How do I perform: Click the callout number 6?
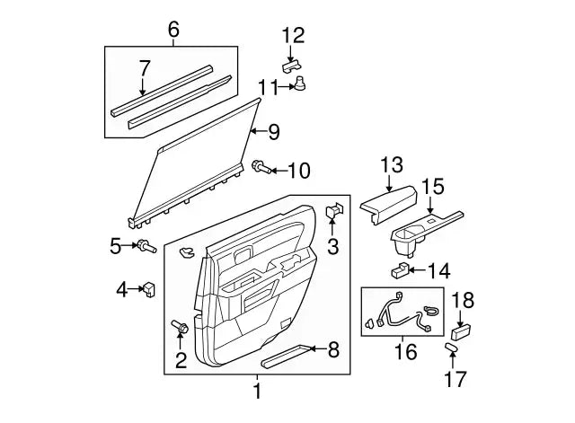tap(174, 30)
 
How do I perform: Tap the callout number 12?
tap(293, 36)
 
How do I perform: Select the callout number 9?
tap(273, 132)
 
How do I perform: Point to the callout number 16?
tap(406, 351)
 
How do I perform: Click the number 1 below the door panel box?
tap(257, 391)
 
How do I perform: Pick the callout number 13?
tap(391, 164)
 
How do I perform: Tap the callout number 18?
tap(462, 301)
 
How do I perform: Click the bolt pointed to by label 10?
tap(261, 166)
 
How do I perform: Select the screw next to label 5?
tap(146, 245)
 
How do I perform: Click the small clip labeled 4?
tap(148, 288)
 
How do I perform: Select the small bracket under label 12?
tap(291, 64)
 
